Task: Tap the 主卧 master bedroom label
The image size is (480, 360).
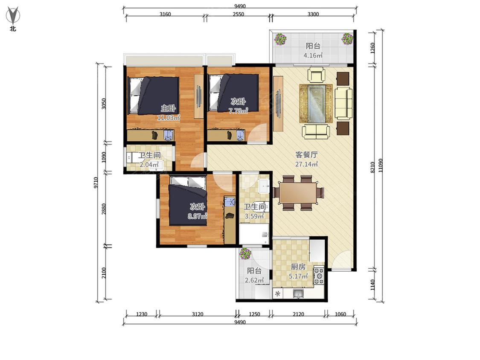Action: (x=169, y=108)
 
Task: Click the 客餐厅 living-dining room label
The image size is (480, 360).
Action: (x=306, y=155)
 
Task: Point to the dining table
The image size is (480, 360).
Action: (x=298, y=193)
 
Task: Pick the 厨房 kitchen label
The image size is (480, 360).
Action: (x=298, y=267)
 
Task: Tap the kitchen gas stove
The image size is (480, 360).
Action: (x=319, y=276)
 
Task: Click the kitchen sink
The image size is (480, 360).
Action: (x=298, y=293)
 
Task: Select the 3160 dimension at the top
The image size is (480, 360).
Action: (x=165, y=15)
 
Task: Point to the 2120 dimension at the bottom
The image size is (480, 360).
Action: (x=299, y=314)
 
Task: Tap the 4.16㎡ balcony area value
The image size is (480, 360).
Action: (x=313, y=55)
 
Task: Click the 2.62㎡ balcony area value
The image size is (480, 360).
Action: (x=254, y=280)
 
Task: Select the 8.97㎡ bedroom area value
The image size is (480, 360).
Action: (x=198, y=216)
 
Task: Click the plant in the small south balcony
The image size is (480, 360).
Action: (x=245, y=254)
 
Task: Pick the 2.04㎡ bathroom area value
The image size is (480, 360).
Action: (x=149, y=165)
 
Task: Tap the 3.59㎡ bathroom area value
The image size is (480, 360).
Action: (x=254, y=216)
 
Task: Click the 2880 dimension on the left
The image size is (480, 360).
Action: (x=104, y=209)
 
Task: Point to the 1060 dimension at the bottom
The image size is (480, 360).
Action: (x=340, y=314)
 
